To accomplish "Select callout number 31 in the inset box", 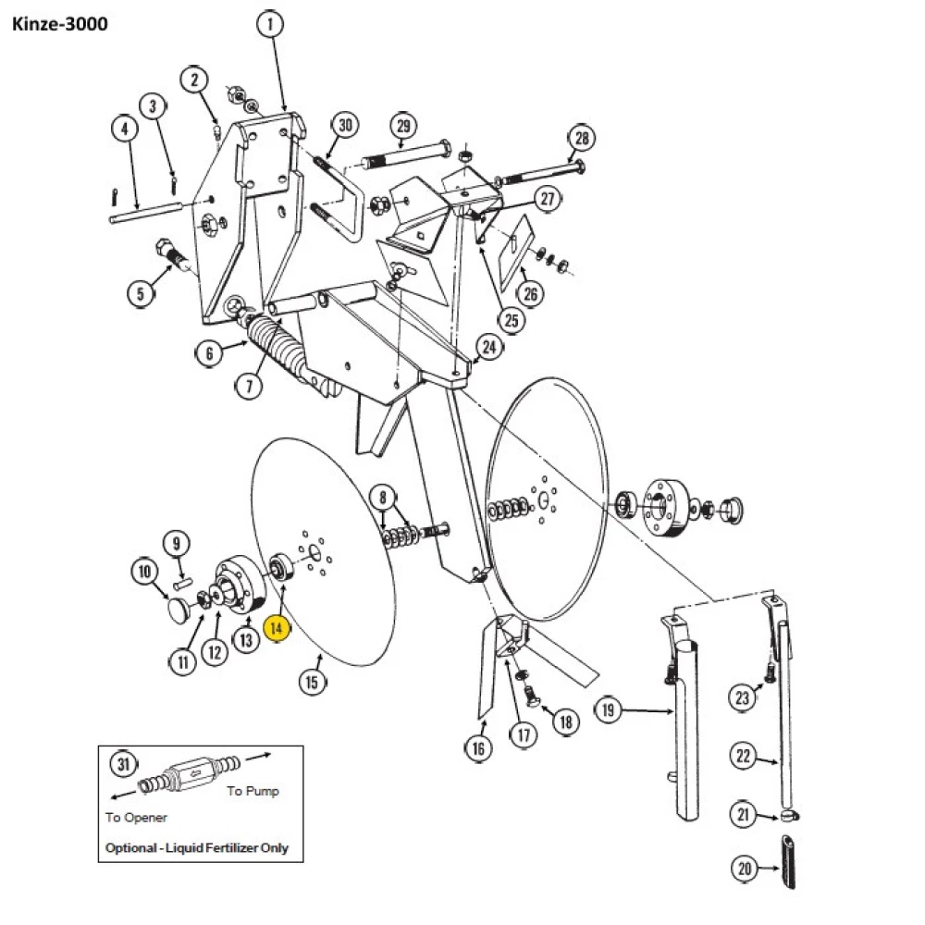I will coord(123,764).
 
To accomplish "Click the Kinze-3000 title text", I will coord(60,23).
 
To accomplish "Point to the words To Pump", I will coord(252,792).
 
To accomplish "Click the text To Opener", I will coord(136,817).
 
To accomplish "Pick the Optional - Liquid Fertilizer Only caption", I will coord(196,847).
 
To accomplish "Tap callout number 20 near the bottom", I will coord(746,869).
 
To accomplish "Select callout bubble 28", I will coord(580,139).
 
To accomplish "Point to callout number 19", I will coord(608,711).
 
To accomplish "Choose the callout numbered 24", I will coord(489,348).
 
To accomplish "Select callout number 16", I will coord(477,748).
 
